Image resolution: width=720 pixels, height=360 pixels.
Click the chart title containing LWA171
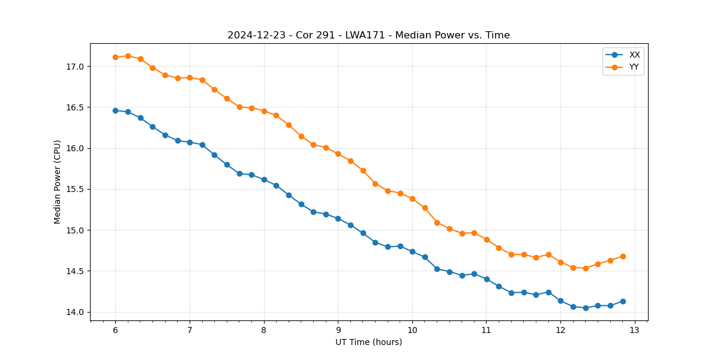pos(368,35)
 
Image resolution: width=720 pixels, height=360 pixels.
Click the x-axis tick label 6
pos(115,330)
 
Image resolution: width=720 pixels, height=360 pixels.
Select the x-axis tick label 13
pos(635,330)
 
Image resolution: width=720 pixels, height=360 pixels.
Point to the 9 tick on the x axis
pos(338,330)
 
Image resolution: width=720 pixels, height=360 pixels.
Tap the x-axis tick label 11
pos(486,330)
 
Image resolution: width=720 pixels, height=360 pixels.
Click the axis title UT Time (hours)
pos(368,342)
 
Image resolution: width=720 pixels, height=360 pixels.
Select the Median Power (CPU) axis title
pos(58,182)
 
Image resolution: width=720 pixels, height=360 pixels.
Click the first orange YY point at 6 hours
pos(115,57)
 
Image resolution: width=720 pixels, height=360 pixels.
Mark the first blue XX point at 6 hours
pos(115,110)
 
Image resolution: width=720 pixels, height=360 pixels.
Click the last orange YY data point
pos(623,256)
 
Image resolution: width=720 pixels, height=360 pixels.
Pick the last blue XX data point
pos(623,301)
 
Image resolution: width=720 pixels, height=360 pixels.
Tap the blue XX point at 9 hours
pos(338,218)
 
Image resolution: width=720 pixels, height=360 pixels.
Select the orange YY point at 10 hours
pos(412,199)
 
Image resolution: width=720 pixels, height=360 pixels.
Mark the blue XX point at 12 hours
pos(560,301)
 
